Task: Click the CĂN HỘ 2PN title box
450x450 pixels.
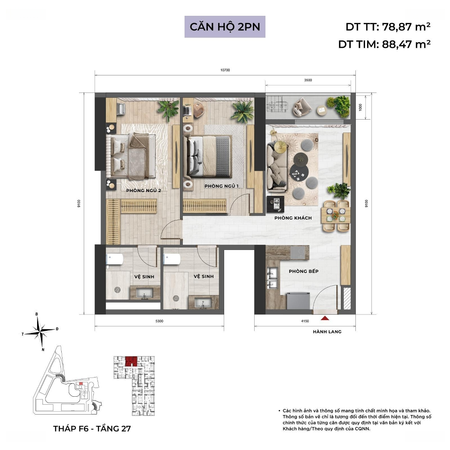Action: pos(225,27)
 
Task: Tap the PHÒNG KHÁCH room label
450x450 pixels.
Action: pos(293,218)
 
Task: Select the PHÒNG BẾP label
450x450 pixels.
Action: pos(304,271)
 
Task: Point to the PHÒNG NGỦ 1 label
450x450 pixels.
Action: pos(222,186)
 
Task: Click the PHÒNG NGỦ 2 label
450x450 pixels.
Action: pos(143,190)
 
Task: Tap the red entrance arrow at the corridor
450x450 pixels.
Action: pos(325,317)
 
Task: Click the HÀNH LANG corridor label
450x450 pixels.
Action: pos(327,332)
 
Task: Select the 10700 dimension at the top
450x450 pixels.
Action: pos(225,70)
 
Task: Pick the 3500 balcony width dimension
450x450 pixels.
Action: pos(308,80)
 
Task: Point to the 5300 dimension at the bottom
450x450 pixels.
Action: pos(159,321)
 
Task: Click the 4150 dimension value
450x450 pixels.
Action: pos(305,321)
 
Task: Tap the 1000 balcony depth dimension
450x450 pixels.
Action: pos(360,107)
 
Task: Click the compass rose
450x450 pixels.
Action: pos(40,331)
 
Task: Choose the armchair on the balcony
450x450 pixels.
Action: pos(302,107)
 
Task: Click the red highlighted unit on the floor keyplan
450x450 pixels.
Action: pos(131,361)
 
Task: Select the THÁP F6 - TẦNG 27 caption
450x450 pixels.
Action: pos(92,429)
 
